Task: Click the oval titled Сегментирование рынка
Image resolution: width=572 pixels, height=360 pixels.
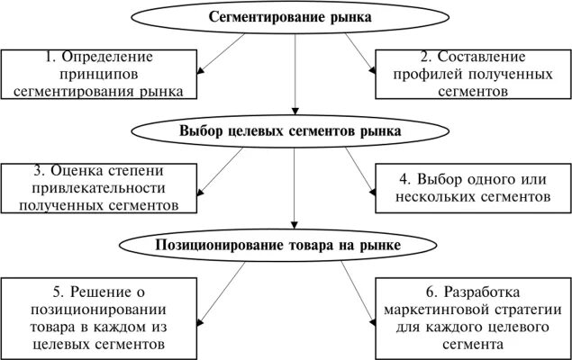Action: coord(289,17)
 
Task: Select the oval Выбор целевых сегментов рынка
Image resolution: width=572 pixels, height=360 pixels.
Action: coord(289,131)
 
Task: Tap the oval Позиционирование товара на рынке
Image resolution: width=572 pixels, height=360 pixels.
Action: coord(289,244)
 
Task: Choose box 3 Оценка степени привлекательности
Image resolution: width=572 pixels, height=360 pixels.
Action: coord(100,187)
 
